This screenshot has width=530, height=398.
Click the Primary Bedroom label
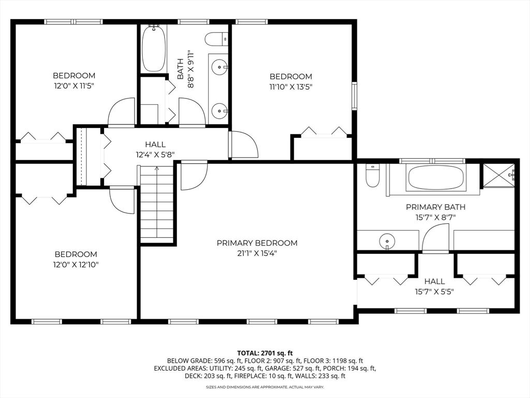point(257,243)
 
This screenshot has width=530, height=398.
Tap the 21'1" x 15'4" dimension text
point(257,253)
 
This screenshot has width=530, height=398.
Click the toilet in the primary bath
point(373,175)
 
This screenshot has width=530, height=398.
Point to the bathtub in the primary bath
point(436,178)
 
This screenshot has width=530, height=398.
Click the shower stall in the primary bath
point(499,175)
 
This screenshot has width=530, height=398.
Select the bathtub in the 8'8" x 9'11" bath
point(153,48)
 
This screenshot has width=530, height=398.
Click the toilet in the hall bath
point(216,39)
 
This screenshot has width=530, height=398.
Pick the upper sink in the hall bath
point(219,67)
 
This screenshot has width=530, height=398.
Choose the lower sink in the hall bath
point(219,110)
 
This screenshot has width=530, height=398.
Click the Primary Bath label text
point(435,207)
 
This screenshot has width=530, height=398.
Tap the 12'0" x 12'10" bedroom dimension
point(76,264)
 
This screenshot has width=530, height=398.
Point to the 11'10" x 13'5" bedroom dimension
point(291,87)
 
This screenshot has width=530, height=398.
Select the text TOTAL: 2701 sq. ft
point(264,353)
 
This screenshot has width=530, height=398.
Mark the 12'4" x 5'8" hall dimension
point(155,154)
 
